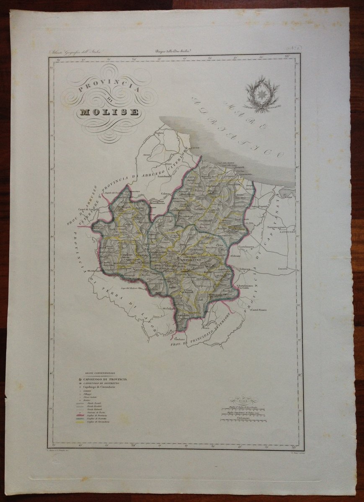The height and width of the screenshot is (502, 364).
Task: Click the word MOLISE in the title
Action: coord(108,112)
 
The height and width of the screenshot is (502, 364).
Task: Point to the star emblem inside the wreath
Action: coord(262,93)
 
